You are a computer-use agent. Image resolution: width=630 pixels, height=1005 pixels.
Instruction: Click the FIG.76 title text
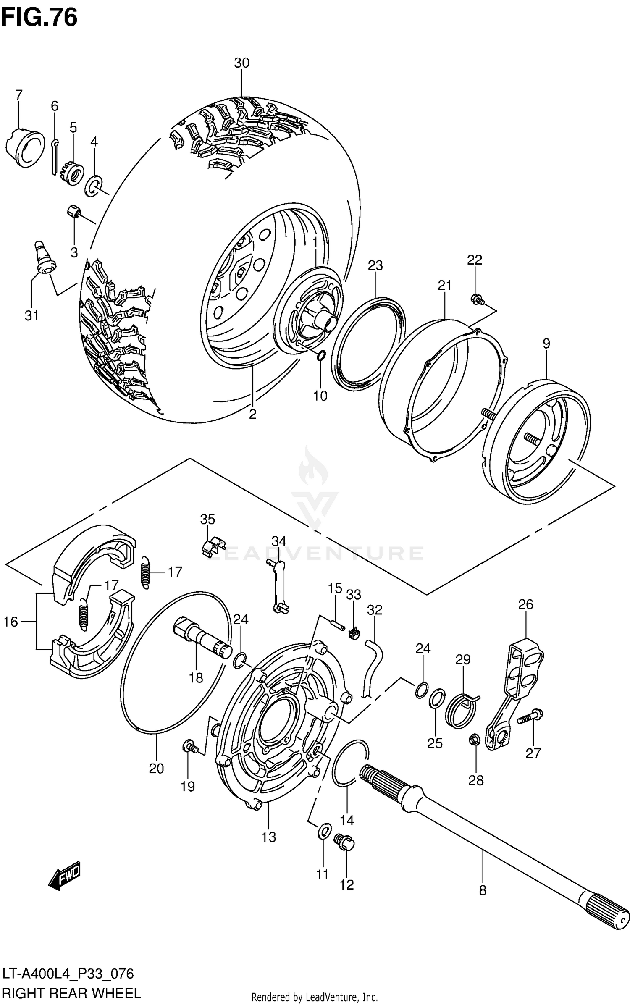39,18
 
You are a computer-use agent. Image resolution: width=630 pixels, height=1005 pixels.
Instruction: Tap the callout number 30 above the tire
241,63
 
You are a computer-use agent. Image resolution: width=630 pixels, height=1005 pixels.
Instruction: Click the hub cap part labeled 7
25,146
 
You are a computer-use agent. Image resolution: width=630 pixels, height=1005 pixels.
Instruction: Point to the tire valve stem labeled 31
45,258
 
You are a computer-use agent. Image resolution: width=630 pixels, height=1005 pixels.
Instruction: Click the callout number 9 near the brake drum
546,344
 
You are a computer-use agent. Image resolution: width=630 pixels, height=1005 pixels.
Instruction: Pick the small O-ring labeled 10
320,357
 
